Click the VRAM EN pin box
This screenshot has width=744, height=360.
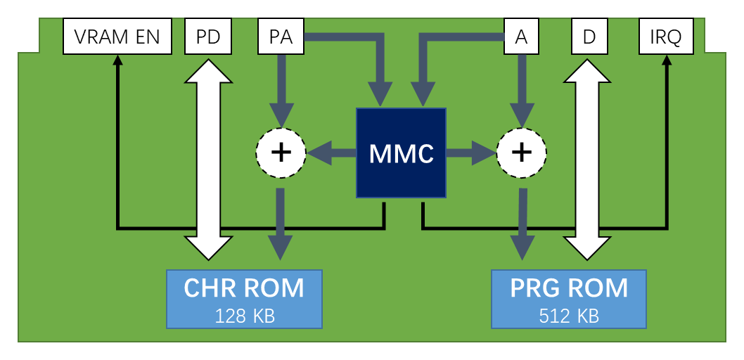point(117,37)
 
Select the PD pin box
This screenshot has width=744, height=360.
point(208,37)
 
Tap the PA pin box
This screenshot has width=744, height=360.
point(281,37)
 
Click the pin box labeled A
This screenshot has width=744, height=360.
point(521,37)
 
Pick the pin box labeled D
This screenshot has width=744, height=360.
point(589,37)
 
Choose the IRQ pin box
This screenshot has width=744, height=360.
point(665,37)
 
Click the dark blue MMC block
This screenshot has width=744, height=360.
point(402,153)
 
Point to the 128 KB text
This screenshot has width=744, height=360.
point(244,316)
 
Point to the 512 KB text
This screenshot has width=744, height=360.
point(569,316)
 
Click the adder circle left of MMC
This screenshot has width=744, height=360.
point(281,153)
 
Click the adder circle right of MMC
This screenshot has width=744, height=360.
point(522,153)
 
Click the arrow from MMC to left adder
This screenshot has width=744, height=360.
point(331,153)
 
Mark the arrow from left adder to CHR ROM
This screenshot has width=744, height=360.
point(281,221)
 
